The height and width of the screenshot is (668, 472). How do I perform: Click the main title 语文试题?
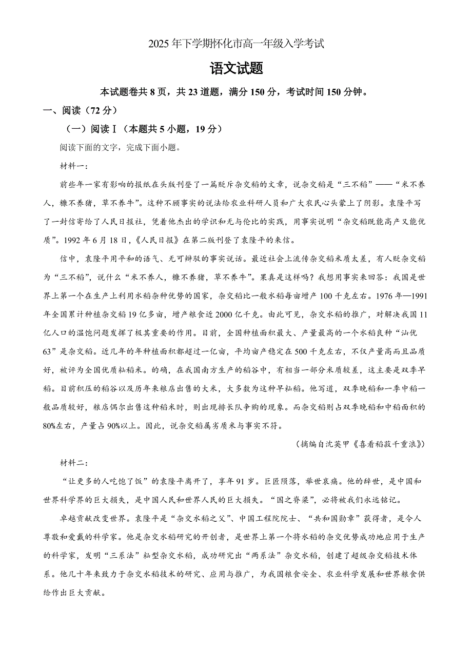point(237,68)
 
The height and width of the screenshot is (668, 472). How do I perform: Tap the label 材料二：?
point(74,463)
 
